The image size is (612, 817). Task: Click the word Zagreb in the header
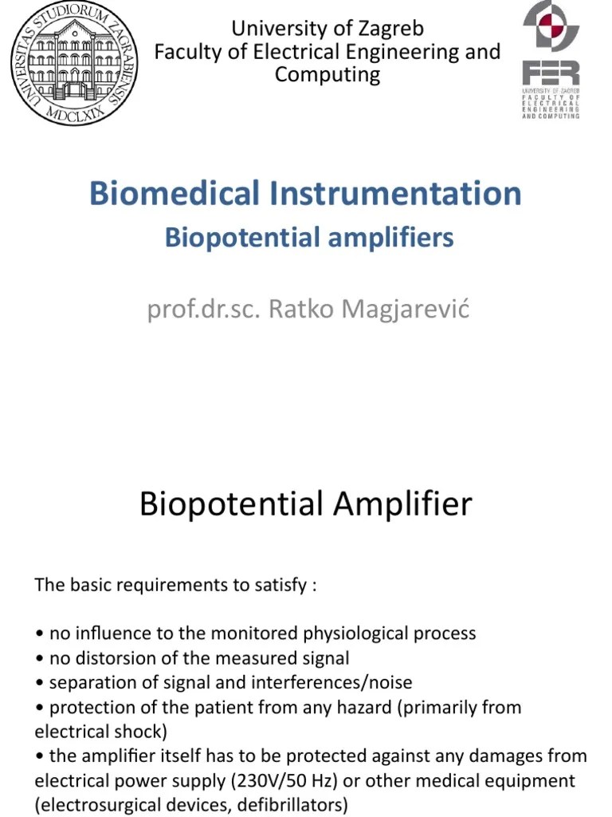(390, 29)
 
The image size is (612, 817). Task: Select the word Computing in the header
(328, 75)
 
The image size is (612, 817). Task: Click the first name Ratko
(298, 308)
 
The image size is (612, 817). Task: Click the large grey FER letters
(551, 73)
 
